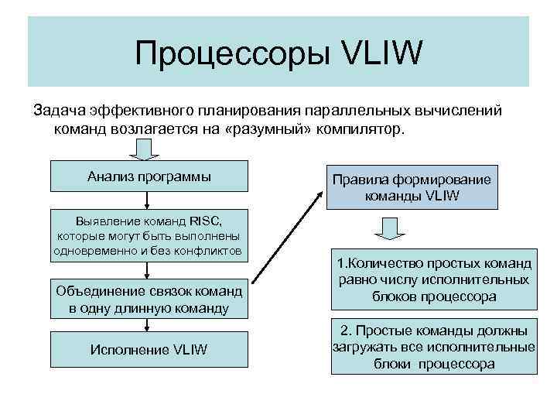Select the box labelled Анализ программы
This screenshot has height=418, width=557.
[149, 176]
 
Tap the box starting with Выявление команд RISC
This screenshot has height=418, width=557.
[149, 235]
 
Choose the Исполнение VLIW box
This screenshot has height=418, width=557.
[149, 349]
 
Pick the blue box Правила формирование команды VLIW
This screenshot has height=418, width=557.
[411, 188]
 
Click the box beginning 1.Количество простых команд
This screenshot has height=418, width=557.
[433, 277]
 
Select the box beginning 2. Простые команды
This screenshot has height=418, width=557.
[433, 346]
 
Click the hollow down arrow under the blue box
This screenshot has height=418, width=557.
[388, 227]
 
